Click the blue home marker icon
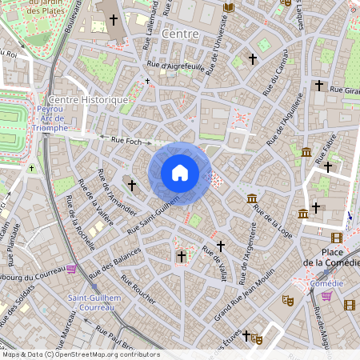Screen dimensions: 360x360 point(180,173)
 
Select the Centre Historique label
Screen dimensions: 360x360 point(88,100)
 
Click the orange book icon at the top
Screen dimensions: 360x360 point(229,7)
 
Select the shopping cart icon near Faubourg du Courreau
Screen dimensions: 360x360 point(71,269)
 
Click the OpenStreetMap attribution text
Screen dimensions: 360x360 point(80,354)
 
